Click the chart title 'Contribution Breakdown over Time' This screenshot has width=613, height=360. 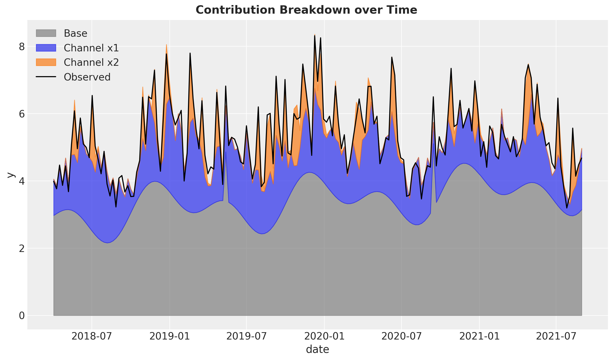pyautogui.click(x=306, y=10)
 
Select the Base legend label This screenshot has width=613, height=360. pyautogui.click(x=75, y=33)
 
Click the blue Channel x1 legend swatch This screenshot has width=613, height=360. pyautogui.click(x=46, y=48)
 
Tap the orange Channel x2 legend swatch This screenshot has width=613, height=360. pyautogui.click(x=46, y=62)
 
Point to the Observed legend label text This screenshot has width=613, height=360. pyautogui.click(x=87, y=77)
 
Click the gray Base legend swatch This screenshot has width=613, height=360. pyautogui.click(x=46, y=33)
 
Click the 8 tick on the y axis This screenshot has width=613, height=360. pyautogui.click(x=22, y=47)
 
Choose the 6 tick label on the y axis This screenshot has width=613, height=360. pyautogui.click(x=22, y=114)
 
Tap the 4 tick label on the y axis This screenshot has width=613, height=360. pyautogui.click(x=22, y=181)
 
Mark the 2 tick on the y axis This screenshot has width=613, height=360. pyautogui.click(x=22, y=248)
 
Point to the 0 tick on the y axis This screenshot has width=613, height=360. pyautogui.click(x=22, y=316)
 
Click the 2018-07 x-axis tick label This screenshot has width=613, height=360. pyautogui.click(x=92, y=336)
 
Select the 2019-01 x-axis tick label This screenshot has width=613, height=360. pyautogui.click(x=170, y=336)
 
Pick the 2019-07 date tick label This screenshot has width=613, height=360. pyautogui.click(x=246, y=336)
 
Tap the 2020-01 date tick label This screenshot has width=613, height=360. pyautogui.click(x=324, y=336)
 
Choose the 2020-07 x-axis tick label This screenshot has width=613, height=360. pyautogui.click(x=401, y=336)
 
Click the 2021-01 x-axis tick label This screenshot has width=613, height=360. pyautogui.click(x=479, y=336)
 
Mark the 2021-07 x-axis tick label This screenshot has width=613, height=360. pyautogui.click(x=556, y=336)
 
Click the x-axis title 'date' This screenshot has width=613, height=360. pyautogui.click(x=318, y=349)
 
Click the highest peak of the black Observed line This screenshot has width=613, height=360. pyautogui.click(x=315, y=36)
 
